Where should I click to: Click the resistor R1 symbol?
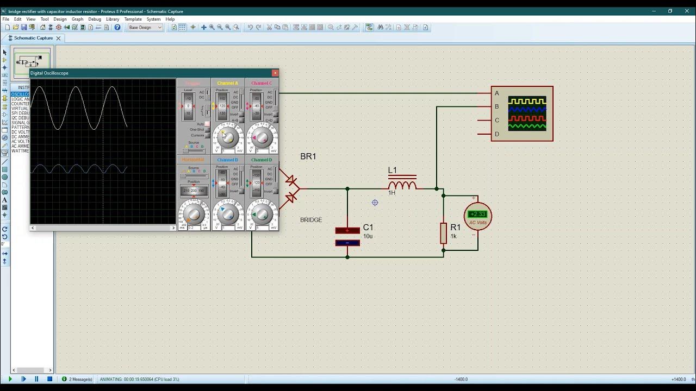pyautogui.click(x=444, y=233)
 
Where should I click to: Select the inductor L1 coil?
pyautogui.click(x=402, y=185)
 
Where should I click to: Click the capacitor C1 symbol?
pyautogui.click(x=347, y=237)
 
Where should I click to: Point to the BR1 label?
pyautogui.click(x=308, y=156)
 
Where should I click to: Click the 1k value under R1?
pyautogui.click(x=453, y=236)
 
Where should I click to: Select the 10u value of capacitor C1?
pyautogui.click(x=368, y=236)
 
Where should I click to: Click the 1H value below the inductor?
pyautogui.click(x=391, y=193)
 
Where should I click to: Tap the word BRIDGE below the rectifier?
pyautogui.click(x=311, y=220)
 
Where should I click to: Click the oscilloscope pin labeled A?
pyautogui.click(x=496, y=93)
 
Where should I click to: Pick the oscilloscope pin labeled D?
pyautogui.click(x=496, y=134)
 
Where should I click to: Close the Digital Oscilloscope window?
pyautogui.click(x=275, y=73)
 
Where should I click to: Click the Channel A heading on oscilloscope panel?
pyautogui.click(x=227, y=83)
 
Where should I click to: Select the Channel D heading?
pyautogui.click(x=262, y=160)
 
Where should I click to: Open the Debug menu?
pyautogui.click(x=95, y=19)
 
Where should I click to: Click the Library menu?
pyautogui.click(x=113, y=19)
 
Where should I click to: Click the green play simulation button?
pyautogui.click(x=10, y=379)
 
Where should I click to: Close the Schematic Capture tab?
pyautogui.click(x=58, y=38)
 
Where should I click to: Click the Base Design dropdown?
pyautogui.click(x=145, y=27)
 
